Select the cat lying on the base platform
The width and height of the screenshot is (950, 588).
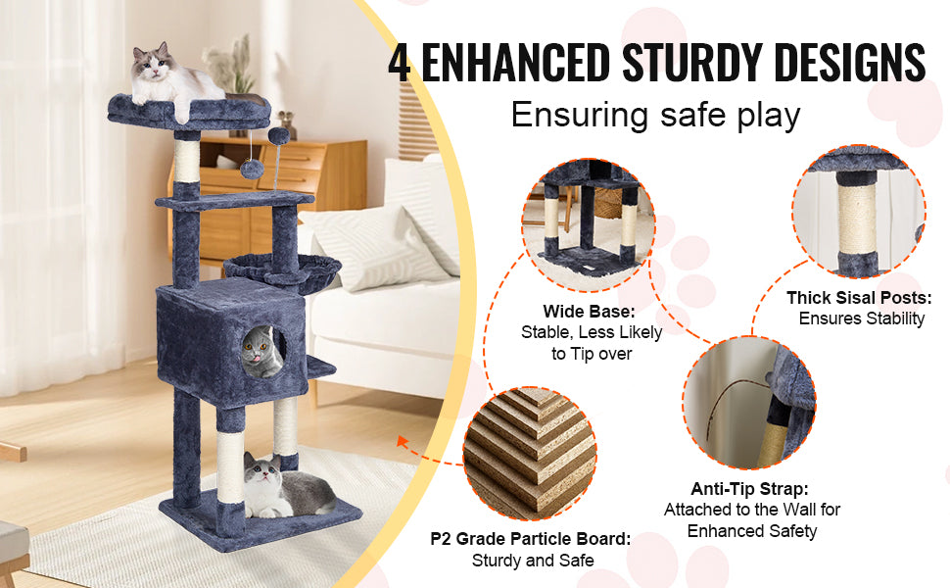284,485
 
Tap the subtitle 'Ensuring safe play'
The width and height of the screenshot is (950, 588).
655,116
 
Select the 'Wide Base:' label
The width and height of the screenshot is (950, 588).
592,312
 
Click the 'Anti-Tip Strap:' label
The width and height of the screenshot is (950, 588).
752,488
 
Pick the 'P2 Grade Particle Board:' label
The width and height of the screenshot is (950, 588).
531,539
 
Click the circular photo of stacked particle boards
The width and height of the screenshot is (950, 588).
530,452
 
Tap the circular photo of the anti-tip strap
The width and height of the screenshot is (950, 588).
750,403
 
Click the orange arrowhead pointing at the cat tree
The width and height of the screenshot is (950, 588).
403,443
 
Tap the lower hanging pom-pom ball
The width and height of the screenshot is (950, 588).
253,168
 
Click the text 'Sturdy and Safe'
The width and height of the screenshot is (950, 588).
532,561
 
